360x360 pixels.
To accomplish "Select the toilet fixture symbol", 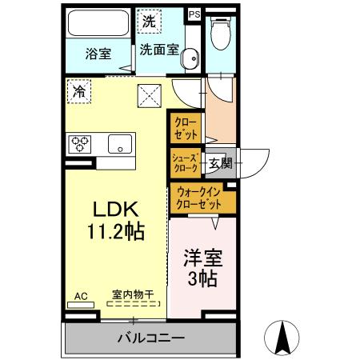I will click(x=221, y=34).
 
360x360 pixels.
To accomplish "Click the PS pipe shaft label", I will click(x=194, y=14).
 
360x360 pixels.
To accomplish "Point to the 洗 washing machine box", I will click(x=150, y=22).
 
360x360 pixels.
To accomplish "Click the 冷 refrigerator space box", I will click(x=79, y=91).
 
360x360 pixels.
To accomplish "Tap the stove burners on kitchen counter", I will click(x=81, y=144).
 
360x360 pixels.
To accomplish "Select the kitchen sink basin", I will click(x=120, y=145).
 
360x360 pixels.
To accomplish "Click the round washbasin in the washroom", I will click(x=189, y=59).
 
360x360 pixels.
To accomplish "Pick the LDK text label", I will click(x=117, y=210).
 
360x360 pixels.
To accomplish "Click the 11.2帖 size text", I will click(x=117, y=232).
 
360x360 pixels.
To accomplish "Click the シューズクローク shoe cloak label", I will click(x=186, y=162).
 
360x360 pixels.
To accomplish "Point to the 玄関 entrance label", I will click(x=220, y=164).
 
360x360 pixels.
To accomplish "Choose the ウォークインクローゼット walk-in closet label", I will click(x=202, y=198).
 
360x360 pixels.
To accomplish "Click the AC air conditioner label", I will click(x=80, y=296).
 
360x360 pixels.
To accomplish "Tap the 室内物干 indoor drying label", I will click(x=133, y=296).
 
